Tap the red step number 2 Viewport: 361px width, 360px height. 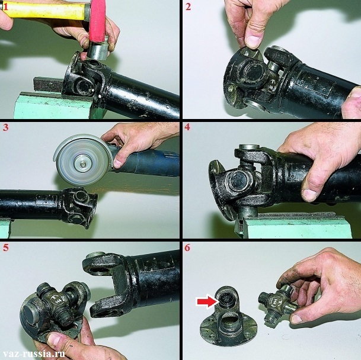(188, 7)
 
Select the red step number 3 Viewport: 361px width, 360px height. (5, 127)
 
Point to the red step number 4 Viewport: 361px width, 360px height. (187, 127)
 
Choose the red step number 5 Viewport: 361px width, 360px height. (5, 247)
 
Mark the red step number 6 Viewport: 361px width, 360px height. (187, 247)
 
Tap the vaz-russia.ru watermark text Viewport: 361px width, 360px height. (34, 354)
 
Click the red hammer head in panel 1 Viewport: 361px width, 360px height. (97, 21)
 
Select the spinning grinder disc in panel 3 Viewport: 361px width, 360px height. (82, 160)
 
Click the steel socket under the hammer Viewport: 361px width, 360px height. (99, 51)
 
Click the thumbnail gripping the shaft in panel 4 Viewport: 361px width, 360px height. (309, 195)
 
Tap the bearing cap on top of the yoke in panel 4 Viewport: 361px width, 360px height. (250, 147)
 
